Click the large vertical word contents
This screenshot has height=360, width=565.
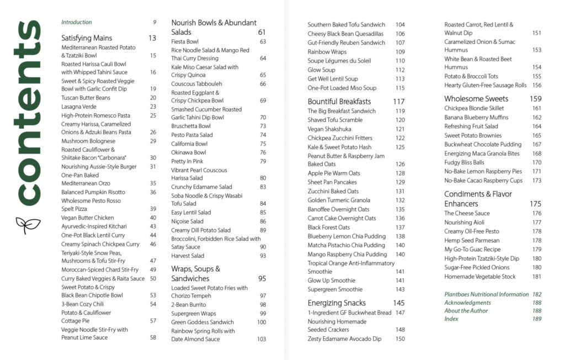point(27,113)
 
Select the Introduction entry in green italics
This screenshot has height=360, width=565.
point(77,23)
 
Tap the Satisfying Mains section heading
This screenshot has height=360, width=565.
point(87,38)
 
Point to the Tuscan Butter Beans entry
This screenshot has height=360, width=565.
point(86,98)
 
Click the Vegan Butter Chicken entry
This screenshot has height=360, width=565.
point(87,218)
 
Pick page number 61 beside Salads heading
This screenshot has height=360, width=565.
point(262,33)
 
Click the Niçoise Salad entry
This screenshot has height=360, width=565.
point(188,221)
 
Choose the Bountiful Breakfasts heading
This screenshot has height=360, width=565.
point(339,102)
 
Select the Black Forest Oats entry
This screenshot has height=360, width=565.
point(329,227)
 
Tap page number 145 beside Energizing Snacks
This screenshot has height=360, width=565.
point(398,303)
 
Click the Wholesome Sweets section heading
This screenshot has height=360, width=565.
point(476,99)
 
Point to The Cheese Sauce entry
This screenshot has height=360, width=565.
point(467,213)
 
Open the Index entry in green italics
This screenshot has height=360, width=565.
point(451,319)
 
